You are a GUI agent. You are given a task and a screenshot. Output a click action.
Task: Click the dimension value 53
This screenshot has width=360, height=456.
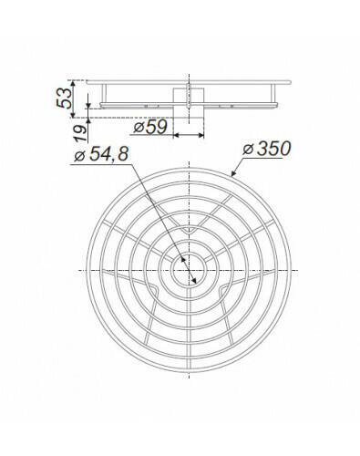pos(65,98)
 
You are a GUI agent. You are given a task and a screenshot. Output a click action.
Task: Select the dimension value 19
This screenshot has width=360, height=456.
pos(80,132)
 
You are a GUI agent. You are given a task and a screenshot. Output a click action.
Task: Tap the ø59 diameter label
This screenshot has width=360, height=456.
pos(150,127)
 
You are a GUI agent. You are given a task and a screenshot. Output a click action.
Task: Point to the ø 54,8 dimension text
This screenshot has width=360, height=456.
pos(102,154)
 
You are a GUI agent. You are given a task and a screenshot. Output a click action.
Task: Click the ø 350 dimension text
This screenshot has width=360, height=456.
pos(267,149)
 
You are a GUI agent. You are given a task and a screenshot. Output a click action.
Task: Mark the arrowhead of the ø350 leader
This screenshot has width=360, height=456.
pos(234,173)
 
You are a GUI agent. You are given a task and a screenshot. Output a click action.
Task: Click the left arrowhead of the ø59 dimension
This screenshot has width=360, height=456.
pos(177,135)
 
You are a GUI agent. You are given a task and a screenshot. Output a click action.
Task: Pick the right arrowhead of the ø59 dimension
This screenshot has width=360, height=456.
pos(201,135)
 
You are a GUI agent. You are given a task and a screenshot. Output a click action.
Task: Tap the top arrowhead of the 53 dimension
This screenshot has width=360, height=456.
pos(73,84)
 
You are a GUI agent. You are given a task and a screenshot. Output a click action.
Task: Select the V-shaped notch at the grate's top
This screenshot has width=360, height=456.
pos(189,231)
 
